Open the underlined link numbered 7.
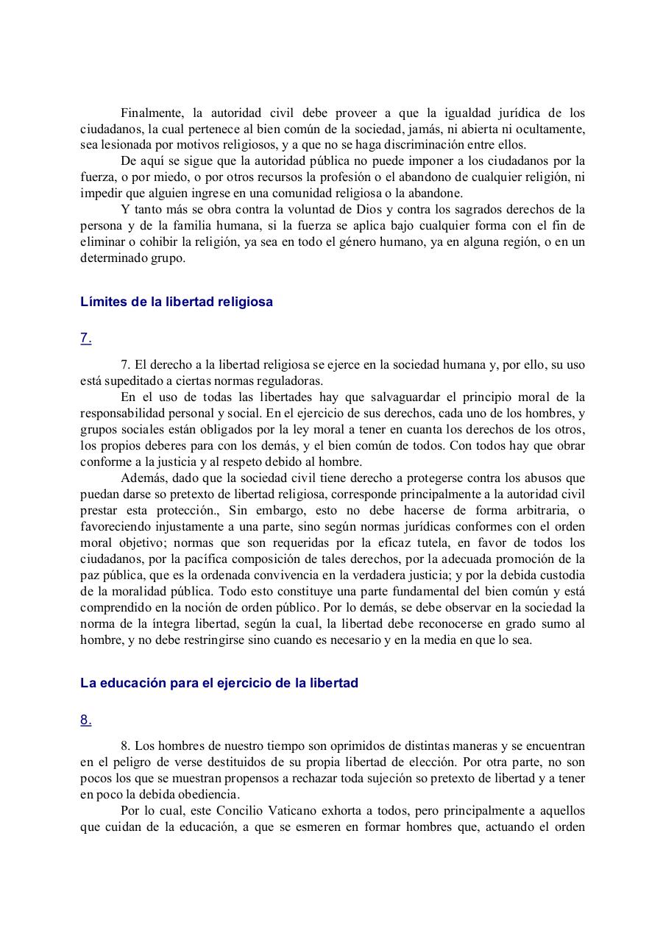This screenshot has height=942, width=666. click(86, 339)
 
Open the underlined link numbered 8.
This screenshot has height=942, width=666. click(86, 720)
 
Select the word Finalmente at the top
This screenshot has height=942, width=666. click(152, 113)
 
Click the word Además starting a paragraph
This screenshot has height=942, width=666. click(142, 478)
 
